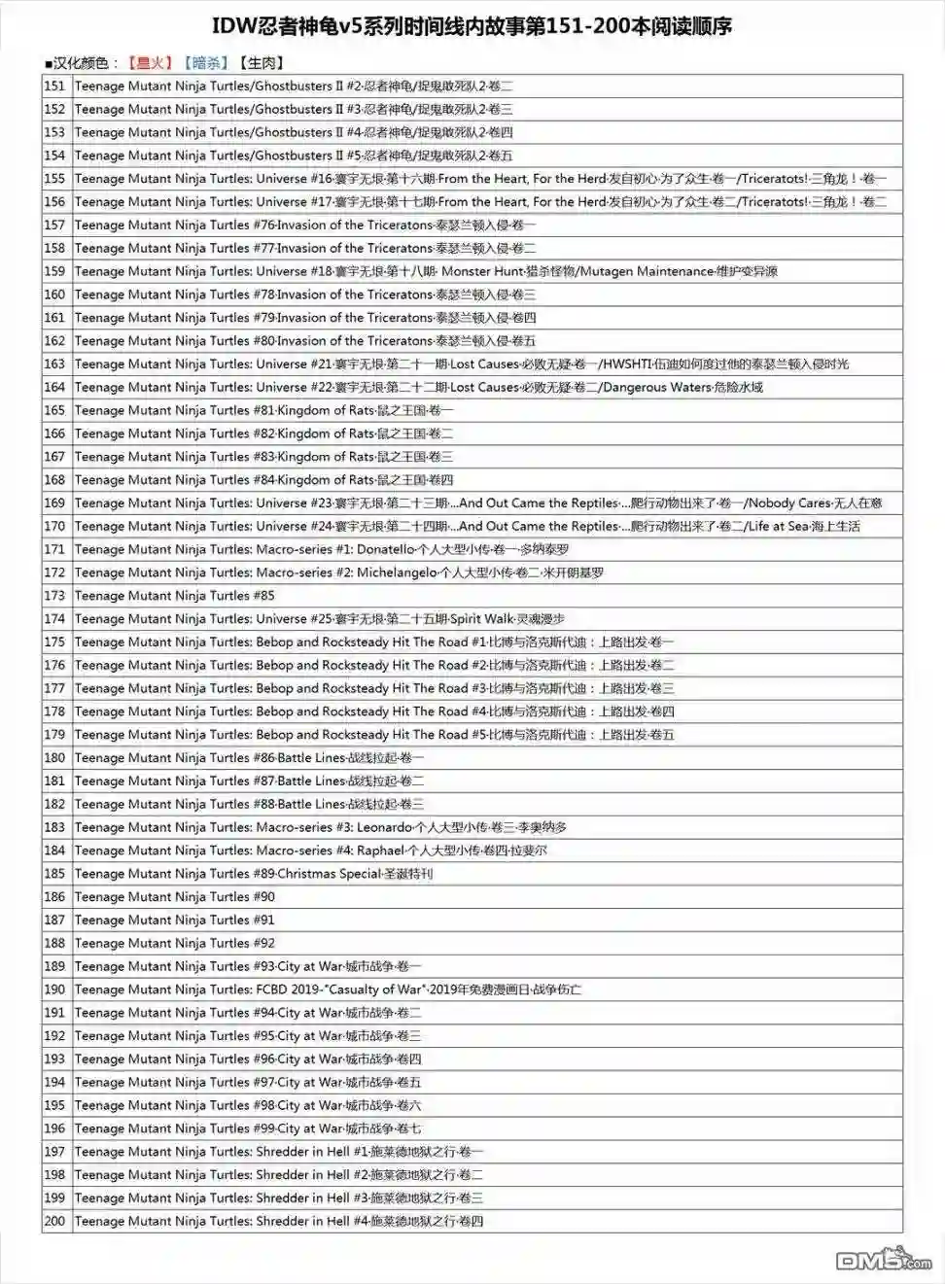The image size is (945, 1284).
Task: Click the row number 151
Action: click(54, 86)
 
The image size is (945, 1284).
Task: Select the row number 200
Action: click(54, 1221)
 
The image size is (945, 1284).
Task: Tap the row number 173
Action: click(54, 595)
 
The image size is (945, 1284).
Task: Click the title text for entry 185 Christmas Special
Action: click(254, 873)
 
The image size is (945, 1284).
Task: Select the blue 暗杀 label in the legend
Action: click(206, 63)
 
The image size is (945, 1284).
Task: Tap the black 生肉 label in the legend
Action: click(262, 63)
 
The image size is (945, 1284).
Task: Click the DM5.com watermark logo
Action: click(883, 1260)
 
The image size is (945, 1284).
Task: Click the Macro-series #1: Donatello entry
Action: click(322, 549)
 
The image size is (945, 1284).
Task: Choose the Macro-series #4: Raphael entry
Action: click(311, 850)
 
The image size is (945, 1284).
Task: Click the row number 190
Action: click(54, 989)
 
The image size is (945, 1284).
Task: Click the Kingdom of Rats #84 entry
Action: click(263, 479)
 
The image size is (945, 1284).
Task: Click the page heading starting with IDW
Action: click(472, 26)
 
